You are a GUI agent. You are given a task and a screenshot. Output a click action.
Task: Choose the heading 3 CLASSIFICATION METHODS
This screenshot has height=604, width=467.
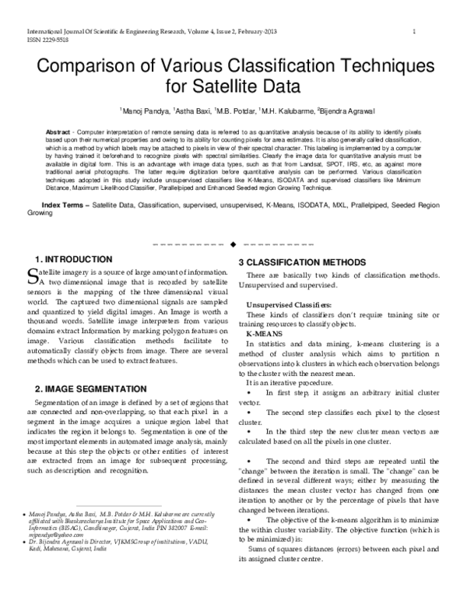[307, 262]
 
